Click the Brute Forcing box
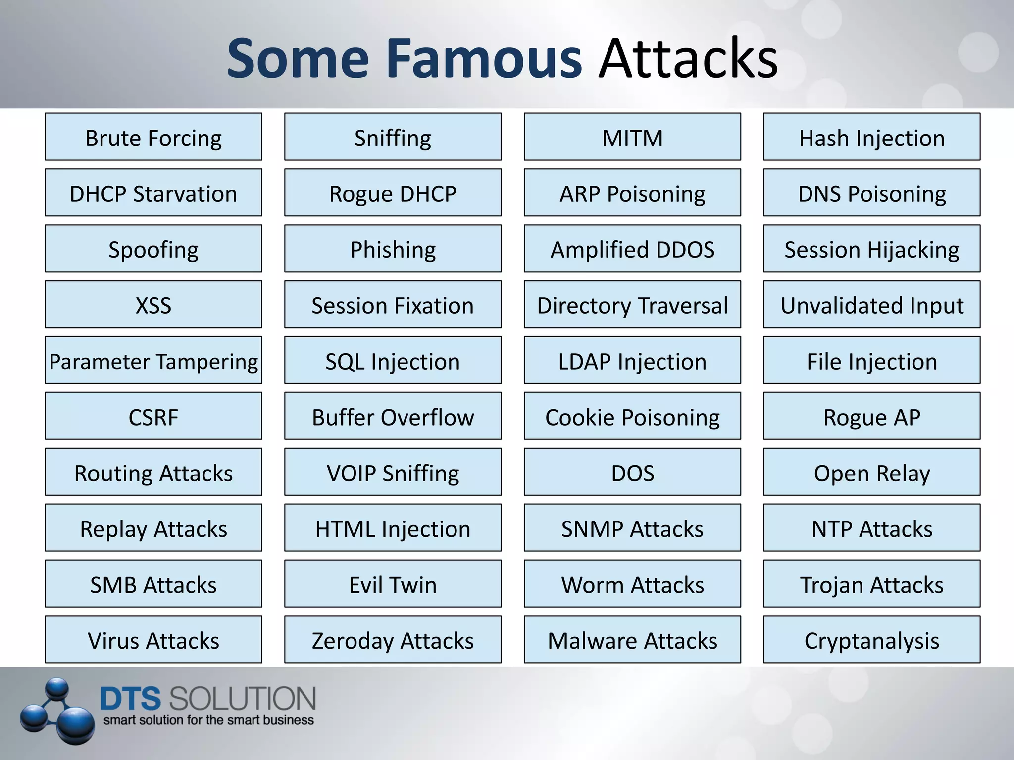[153, 137]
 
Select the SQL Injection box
[393, 360]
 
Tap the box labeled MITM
[632, 137]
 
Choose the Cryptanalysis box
[871, 639]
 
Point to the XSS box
[153, 304]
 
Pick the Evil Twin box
[393, 584]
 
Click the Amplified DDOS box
[632, 248]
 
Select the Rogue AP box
[871, 416]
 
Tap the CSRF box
[153, 416]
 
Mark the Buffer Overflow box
[393, 416]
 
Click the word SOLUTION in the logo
[242, 698]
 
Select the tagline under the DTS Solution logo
[208, 720]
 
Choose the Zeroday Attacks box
[393, 639]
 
